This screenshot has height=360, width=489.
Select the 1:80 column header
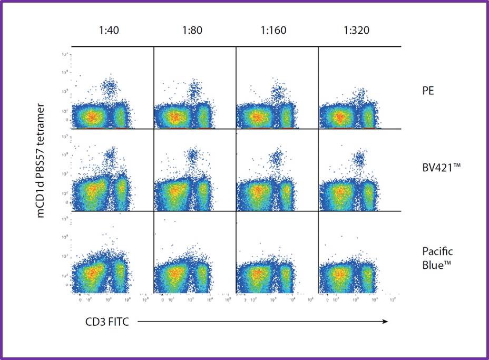click(x=191, y=30)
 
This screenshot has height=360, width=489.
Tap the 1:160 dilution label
click(x=273, y=30)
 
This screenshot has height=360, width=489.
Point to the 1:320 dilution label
click(x=356, y=30)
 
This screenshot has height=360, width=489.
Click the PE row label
click(x=427, y=90)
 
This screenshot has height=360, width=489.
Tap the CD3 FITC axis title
click(x=107, y=322)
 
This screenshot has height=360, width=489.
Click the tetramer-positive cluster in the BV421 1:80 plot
click(x=192, y=155)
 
